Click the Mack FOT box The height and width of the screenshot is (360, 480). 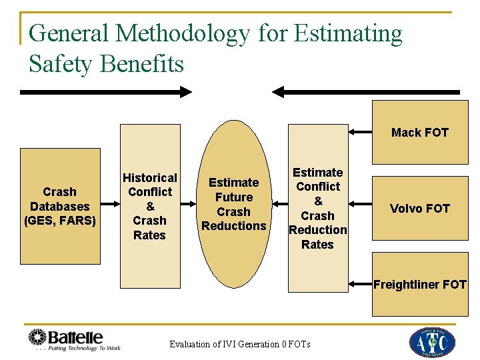[x=420, y=132]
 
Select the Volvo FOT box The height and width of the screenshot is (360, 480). [x=420, y=208]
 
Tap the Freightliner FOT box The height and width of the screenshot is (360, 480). [x=420, y=285]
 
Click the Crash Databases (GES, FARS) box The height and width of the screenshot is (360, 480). [x=60, y=206]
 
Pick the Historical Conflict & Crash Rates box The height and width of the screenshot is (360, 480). [x=150, y=206]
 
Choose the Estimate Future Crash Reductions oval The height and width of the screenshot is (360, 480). [x=234, y=204]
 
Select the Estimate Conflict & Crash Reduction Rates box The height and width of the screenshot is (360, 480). [x=318, y=208]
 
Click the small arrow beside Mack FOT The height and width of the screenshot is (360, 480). [x=360, y=132]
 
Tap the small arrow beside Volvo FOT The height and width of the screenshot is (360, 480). [x=360, y=208]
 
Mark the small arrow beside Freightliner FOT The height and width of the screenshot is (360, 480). [x=360, y=285]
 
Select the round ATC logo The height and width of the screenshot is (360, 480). [x=432, y=341]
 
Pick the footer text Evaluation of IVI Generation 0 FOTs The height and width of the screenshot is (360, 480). [x=240, y=344]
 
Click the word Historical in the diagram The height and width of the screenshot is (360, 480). [x=150, y=177]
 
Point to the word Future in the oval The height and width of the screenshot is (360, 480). [x=234, y=197]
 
